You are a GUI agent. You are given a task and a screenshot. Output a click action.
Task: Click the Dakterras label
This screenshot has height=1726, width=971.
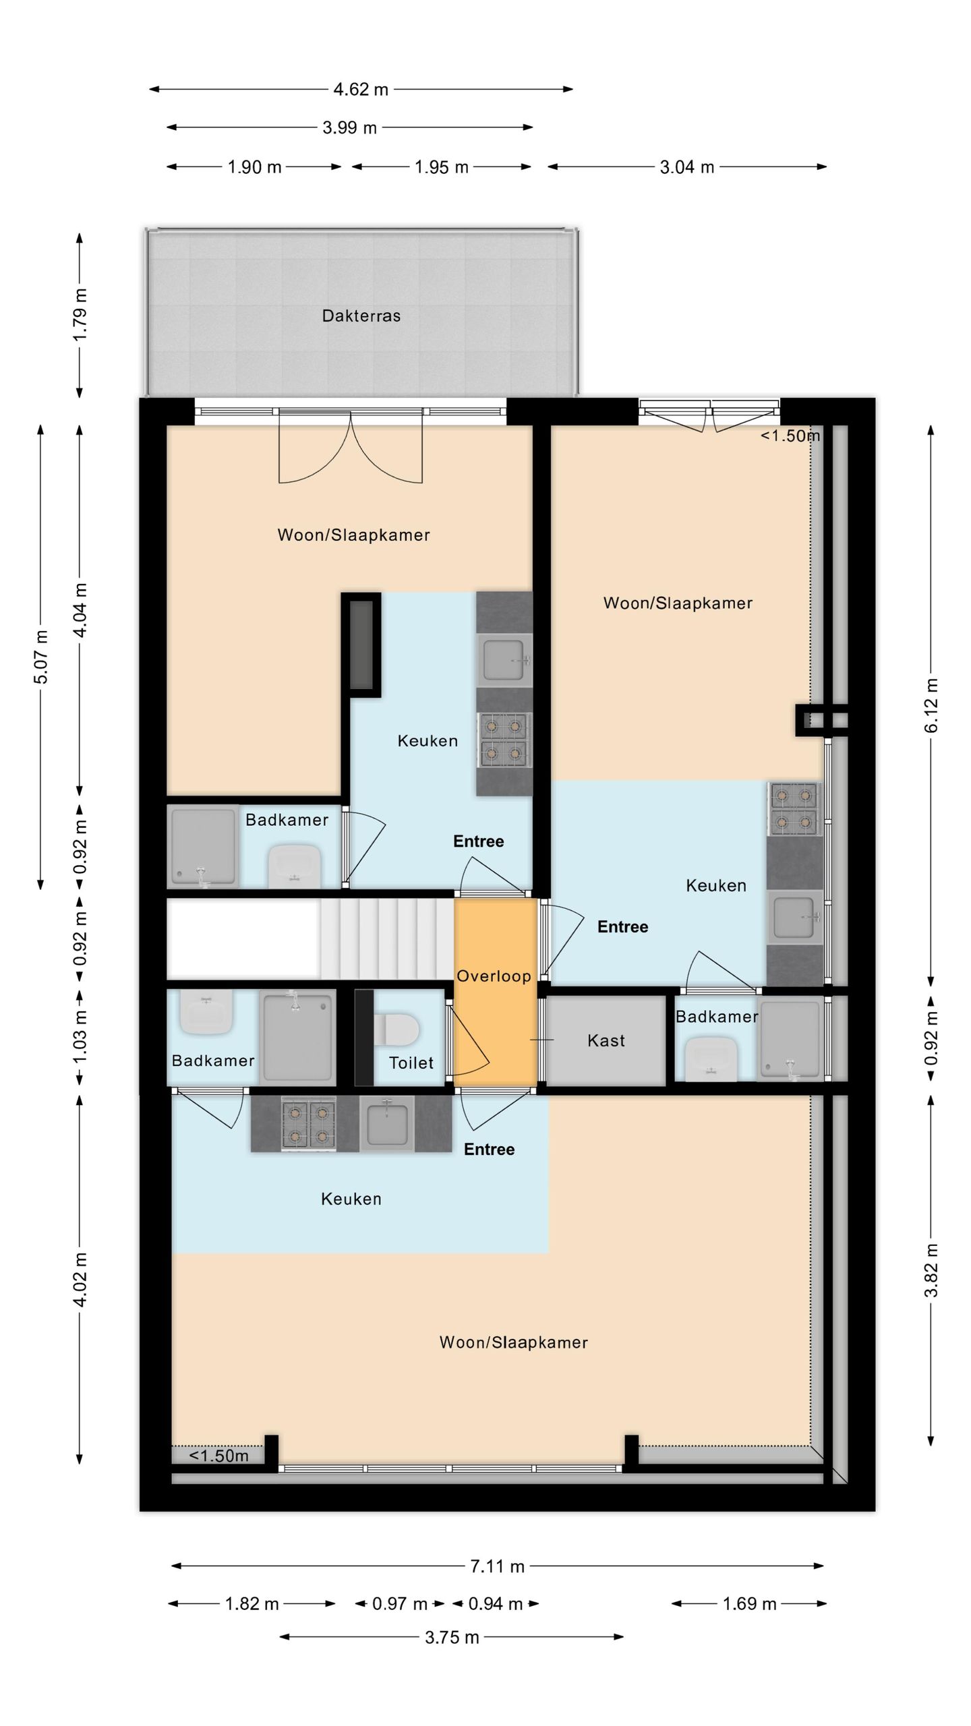tap(361, 316)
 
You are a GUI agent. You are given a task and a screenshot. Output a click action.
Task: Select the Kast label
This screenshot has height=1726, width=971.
tap(606, 1040)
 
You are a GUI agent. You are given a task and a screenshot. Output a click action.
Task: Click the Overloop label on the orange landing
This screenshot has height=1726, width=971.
tap(494, 976)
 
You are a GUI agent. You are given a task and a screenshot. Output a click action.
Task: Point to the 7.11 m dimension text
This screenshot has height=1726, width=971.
tap(497, 1566)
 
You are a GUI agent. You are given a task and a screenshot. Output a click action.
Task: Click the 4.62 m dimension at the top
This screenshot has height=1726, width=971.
tap(361, 89)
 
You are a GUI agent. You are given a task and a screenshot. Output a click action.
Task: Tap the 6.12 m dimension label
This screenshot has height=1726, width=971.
tap(931, 705)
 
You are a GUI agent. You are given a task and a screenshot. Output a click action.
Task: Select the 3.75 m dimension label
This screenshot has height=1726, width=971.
tap(452, 1637)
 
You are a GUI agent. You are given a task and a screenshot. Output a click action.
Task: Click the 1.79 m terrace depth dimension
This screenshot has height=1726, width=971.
tap(80, 314)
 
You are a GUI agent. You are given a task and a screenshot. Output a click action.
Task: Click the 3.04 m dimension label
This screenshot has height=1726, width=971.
tap(686, 167)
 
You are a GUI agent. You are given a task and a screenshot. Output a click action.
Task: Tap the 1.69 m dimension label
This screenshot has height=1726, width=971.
tap(749, 1603)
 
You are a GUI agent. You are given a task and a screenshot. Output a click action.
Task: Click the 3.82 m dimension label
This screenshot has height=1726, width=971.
tap(931, 1271)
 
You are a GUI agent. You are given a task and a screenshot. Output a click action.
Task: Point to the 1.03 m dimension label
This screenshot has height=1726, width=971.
tap(80, 1038)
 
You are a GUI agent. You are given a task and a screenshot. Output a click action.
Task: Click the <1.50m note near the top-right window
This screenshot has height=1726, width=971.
tap(790, 436)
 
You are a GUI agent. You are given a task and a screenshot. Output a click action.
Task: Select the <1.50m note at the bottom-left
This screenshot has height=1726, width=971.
tap(218, 1456)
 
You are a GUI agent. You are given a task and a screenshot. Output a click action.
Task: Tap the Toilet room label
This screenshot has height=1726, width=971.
tap(411, 1063)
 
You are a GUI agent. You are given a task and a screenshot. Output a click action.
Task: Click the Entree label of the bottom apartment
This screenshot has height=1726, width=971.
tap(489, 1149)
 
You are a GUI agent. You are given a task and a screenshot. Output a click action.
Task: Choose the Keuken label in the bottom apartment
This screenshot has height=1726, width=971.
tap(351, 1199)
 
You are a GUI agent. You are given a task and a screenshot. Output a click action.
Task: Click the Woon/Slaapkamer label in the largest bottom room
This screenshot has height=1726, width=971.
tap(513, 1342)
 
